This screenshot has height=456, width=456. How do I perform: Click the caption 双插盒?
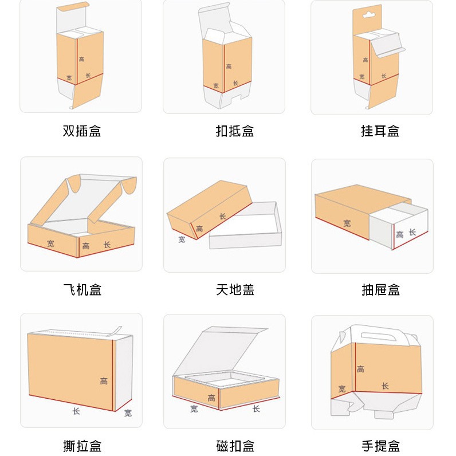[82, 131]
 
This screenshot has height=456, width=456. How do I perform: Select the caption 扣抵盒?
[235, 131]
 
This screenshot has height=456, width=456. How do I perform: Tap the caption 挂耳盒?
[380, 131]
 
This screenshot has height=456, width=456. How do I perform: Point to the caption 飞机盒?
[82, 290]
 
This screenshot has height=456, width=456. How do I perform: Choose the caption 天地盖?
[235, 290]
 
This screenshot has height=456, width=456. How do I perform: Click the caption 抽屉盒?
[381, 290]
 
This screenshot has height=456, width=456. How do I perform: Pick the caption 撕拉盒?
[82, 446]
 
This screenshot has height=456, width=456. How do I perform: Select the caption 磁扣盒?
[235, 446]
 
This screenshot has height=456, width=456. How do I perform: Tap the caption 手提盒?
[381, 446]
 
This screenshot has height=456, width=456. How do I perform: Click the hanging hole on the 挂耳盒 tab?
[368, 14]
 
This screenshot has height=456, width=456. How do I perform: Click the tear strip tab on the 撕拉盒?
[117, 331]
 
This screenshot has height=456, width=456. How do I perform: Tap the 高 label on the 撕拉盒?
[104, 381]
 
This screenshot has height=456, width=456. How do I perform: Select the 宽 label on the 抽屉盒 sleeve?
[347, 223]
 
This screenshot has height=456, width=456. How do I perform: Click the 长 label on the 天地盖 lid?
[222, 216]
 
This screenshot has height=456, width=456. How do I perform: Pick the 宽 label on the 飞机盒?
[50, 243]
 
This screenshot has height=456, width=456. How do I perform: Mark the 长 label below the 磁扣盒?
[256, 409]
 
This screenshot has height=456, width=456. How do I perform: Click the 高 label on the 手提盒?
[360, 369]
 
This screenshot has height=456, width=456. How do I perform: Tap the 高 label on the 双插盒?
[82, 59]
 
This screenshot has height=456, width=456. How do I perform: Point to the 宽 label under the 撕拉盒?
[128, 412]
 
